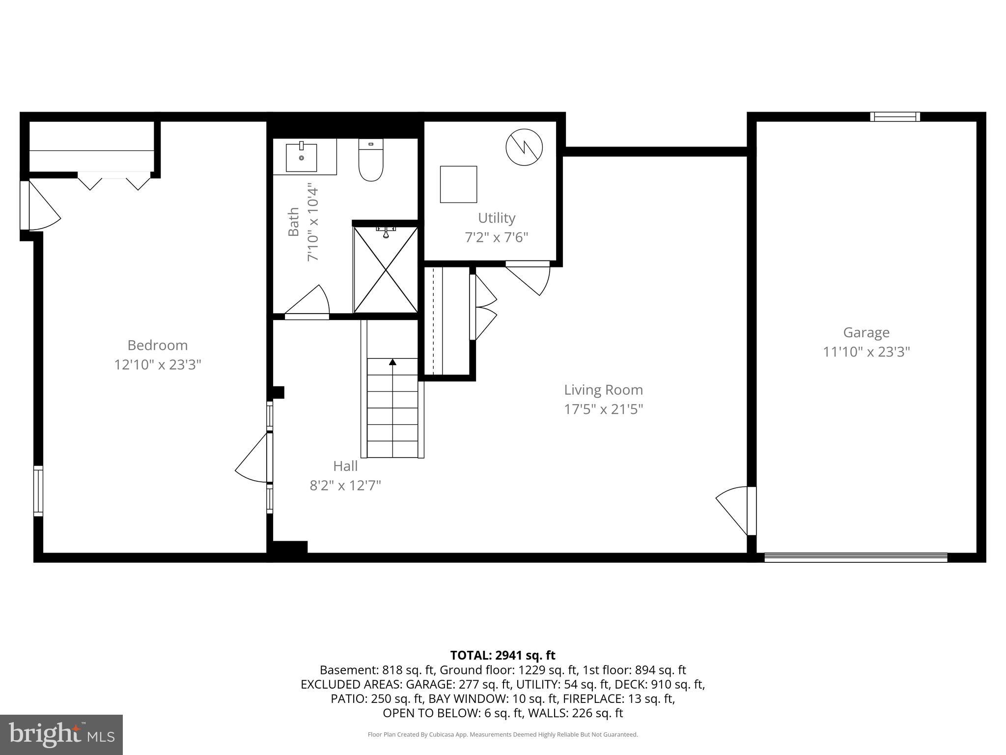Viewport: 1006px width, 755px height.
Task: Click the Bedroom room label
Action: click(x=157, y=345)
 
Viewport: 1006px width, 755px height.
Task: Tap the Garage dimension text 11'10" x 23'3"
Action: click(x=866, y=352)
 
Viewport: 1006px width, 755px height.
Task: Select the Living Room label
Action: click(x=603, y=390)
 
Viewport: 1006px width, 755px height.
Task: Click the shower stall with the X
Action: click(x=386, y=270)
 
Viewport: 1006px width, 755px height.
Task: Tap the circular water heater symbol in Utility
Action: click(x=524, y=146)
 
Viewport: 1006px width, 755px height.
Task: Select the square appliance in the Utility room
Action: click(x=458, y=184)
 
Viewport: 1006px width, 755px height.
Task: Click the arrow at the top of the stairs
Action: click(x=392, y=362)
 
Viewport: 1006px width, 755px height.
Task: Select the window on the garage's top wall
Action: click(x=895, y=116)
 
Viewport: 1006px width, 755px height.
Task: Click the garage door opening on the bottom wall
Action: click(x=856, y=557)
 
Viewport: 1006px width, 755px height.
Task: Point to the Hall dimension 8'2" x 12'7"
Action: click(x=345, y=486)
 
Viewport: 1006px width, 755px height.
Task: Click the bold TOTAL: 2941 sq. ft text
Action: click(x=503, y=655)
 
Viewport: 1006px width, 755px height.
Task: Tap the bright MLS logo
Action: click(x=61, y=734)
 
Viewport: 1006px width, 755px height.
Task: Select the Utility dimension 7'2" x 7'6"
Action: click(x=496, y=237)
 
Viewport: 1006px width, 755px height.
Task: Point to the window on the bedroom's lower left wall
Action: click(x=38, y=491)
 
